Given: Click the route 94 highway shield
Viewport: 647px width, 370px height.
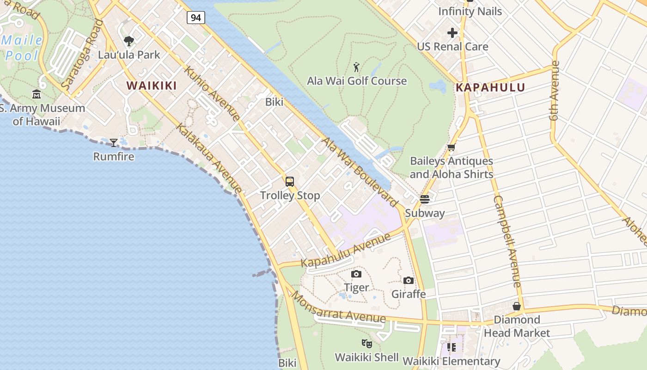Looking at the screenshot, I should coord(196,18).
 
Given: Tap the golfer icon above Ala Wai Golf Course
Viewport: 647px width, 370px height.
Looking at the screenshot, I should coord(356,68).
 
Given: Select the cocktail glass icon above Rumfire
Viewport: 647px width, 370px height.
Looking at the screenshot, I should coord(114,142).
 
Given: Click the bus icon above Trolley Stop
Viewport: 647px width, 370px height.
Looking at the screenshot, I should coord(290,181).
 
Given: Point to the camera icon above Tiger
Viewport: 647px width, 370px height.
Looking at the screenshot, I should coord(356,274).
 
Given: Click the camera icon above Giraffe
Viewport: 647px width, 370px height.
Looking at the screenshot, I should coord(409,280).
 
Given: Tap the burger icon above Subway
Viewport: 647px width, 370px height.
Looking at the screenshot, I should coord(425,199).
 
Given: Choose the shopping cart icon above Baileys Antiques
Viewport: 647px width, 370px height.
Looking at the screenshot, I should coord(452,148).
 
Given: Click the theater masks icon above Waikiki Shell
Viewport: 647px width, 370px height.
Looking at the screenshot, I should coord(366,343).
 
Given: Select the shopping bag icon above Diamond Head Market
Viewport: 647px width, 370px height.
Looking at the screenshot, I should coord(517,306).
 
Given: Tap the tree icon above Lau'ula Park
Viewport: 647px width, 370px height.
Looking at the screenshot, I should coord(129,41).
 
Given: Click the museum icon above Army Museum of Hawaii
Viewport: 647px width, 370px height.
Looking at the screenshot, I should coord(37,95).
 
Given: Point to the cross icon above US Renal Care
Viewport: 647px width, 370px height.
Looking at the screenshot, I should coord(452,33).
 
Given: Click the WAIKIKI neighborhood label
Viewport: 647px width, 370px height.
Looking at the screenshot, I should coord(152,86).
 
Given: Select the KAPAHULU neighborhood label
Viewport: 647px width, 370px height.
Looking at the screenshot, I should coord(490,87).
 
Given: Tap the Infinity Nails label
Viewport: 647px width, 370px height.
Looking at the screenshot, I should coord(470,12).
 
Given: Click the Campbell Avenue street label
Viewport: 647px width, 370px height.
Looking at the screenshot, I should coord(507,240).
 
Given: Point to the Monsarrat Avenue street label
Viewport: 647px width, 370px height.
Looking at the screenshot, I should coord(339,308).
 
